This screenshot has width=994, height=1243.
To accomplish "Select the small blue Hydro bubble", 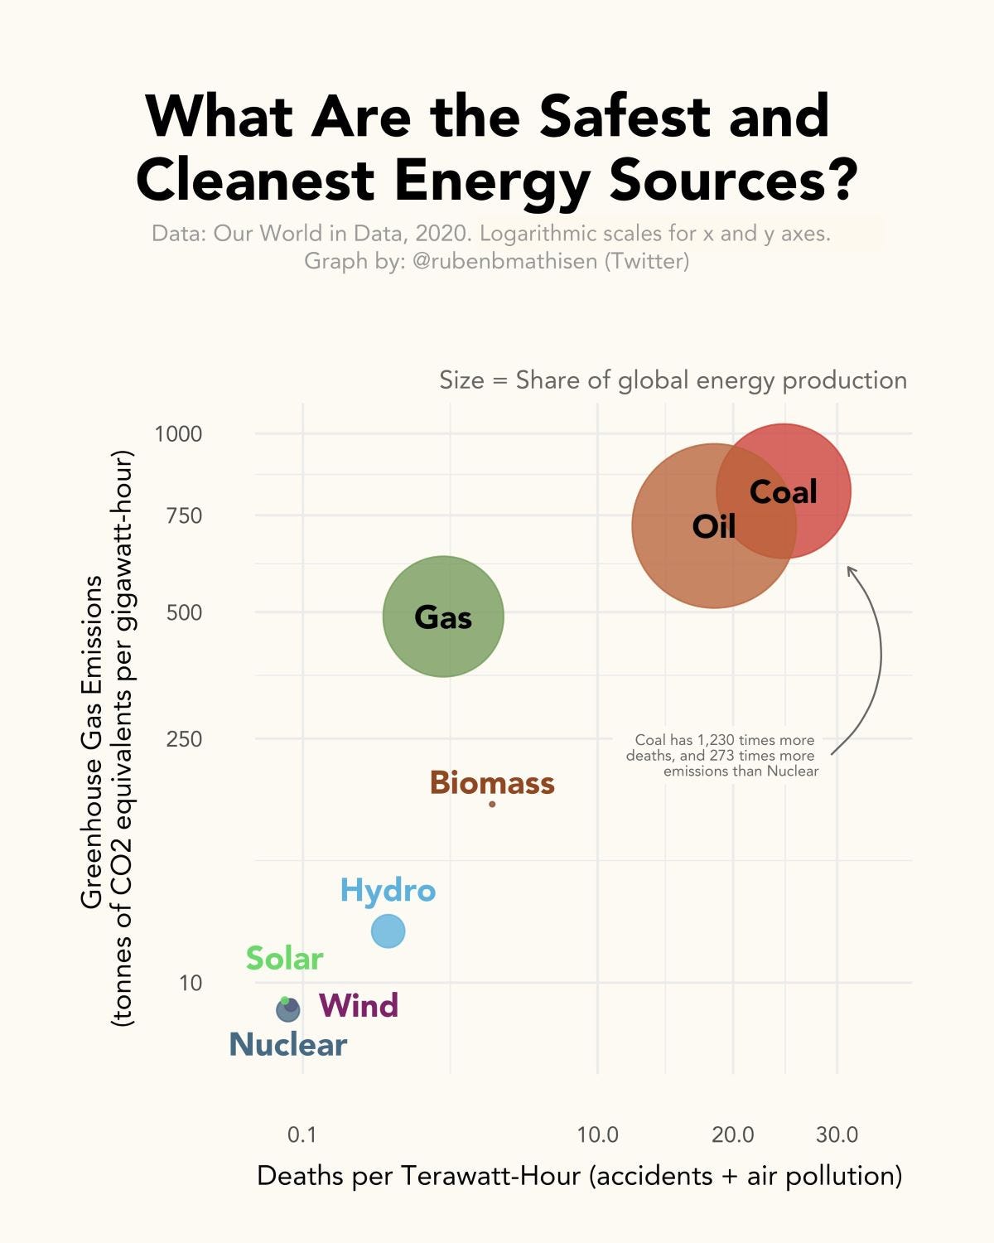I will tap(388, 931).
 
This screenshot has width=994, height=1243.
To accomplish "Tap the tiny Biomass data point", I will tap(492, 804).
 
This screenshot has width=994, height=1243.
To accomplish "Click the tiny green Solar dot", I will tap(285, 1001).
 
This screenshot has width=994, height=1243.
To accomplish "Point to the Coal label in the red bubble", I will tap(783, 491).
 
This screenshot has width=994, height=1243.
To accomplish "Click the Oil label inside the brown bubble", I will tap(713, 526).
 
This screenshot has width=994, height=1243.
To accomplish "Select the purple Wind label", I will tap(359, 1005).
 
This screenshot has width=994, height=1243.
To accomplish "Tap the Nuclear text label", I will tap(287, 1044).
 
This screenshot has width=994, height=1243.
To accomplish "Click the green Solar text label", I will tap(284, 959).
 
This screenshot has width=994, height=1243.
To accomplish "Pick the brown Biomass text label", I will tap(492, 782).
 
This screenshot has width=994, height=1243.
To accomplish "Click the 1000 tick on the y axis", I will tap(178, 433).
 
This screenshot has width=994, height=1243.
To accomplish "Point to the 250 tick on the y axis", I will tap(184, 738).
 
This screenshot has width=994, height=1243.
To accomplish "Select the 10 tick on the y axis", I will tap(190, 983).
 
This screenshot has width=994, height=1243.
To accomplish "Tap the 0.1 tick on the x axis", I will tap(302, 1134).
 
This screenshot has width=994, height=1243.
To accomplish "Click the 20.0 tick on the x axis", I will tap(733, 1134).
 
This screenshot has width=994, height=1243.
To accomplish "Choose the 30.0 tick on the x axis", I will tap(837, 1134).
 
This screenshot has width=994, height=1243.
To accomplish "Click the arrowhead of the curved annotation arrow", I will tap(849, 568).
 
